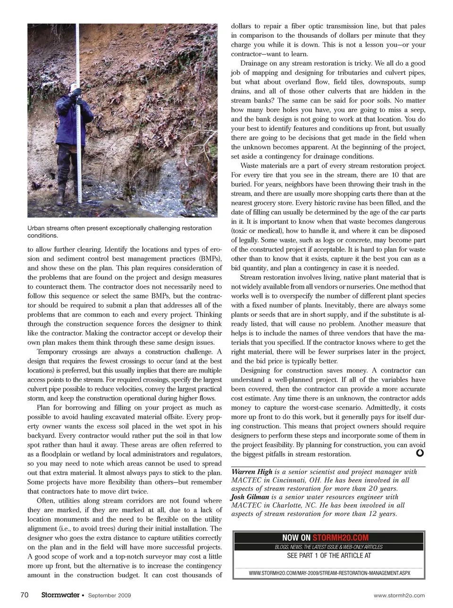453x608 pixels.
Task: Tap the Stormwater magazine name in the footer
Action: point(59,595)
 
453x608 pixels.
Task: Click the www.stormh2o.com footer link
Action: point(399,595)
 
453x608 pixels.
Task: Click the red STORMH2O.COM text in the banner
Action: point(340,537)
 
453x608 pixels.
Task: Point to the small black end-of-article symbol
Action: point(419,453)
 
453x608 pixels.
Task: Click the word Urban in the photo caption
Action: point(36,228)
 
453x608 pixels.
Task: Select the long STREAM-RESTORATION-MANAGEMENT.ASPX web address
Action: point(329,573)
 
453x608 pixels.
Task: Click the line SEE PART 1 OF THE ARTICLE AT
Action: point(329,555)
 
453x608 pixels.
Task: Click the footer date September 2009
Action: point(109,595)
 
